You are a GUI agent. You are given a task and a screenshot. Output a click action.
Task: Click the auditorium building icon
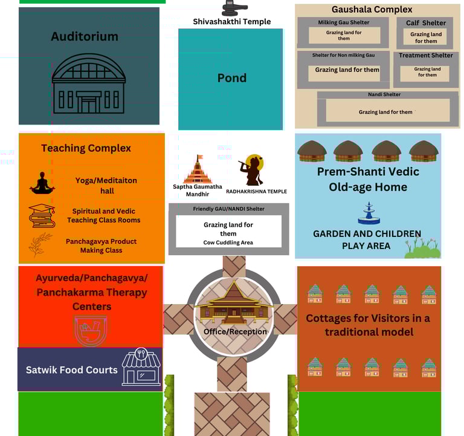click(x=89, y=84)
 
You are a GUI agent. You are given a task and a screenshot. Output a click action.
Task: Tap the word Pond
click(x=232, y=78)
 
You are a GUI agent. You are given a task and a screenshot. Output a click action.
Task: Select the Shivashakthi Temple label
click(x=232, y=22)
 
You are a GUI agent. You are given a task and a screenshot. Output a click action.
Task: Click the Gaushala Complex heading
click(x=372, y=10)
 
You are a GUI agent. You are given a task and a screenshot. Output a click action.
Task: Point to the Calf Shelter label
click(x=426, y=23)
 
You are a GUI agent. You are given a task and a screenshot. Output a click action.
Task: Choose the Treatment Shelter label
click(x=426, y=56)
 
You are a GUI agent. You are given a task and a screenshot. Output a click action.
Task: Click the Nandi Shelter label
click(x=384, y=94)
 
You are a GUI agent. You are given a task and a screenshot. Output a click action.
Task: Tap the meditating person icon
click(x=42, y=183)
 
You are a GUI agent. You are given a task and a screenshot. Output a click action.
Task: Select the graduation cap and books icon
click(x=42, y=215)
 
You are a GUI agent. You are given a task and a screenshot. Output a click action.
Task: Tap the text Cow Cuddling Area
click(x=228, y=242)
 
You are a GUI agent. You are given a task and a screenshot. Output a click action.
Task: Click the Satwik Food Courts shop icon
click(x=141, y=367)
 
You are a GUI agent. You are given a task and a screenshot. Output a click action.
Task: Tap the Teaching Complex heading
click(x=86, y=148)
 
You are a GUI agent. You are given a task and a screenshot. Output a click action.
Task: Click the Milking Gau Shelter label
click(x=344, y=23)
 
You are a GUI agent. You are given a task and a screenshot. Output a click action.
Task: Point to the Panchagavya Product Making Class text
click(x=101, y=246)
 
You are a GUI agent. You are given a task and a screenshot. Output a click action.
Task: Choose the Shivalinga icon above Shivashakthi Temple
click(x=234, y=8)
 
